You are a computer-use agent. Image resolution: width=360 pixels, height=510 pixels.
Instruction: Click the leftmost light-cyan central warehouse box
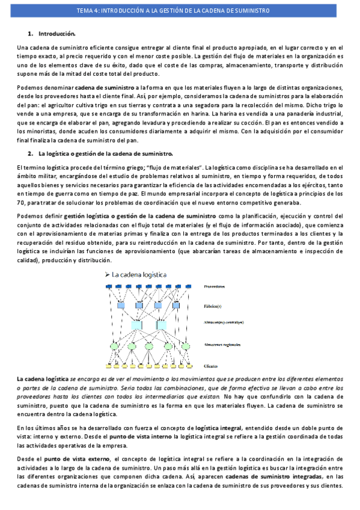137,325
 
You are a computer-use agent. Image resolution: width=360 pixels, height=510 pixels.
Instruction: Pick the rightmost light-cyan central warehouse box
161,325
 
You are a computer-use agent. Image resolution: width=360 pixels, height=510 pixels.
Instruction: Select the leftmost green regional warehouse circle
115,346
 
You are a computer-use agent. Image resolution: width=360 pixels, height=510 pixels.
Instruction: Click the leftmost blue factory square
121,307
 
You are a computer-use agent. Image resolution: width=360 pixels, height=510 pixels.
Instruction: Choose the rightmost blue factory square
178,307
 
